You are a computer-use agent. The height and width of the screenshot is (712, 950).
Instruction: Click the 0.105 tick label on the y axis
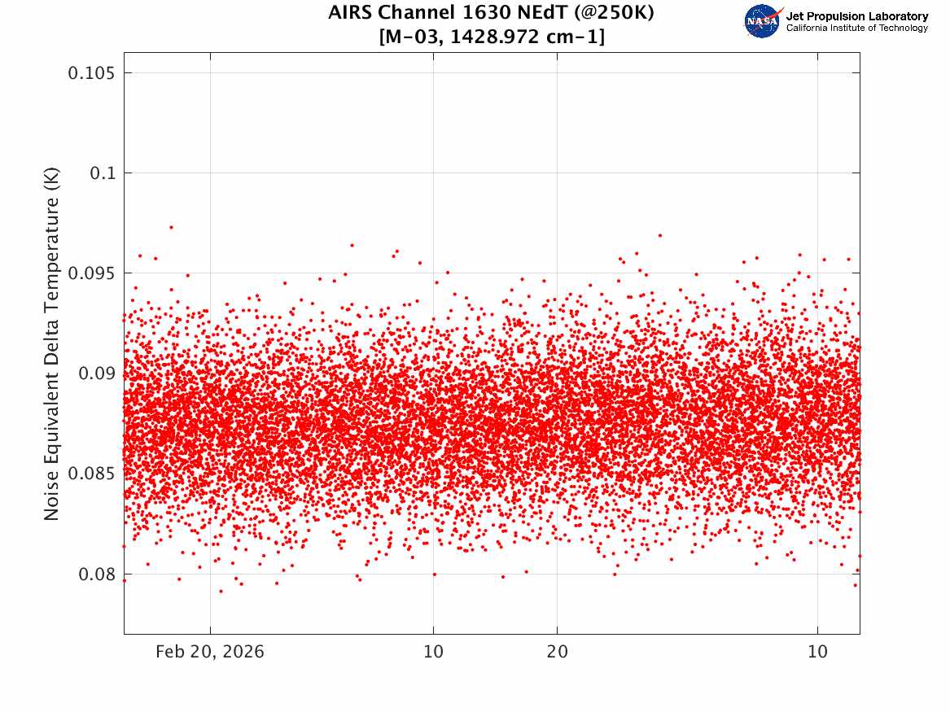tap(91, 73)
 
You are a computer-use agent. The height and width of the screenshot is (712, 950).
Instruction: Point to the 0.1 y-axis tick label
tap(103, 173)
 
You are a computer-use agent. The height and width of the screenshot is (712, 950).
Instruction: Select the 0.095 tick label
tap(91, 273)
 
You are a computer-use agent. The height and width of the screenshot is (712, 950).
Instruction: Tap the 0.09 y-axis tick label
tap(97, 373)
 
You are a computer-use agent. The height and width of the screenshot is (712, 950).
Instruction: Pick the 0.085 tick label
tap(91, 474)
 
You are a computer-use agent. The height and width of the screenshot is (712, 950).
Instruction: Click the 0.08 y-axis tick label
tap(97, 574)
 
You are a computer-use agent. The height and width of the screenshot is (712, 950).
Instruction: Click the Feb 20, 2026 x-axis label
tap(210, 652)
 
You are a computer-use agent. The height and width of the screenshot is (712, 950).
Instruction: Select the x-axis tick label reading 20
tap(558, 652)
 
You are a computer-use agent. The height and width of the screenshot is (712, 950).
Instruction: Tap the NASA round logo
tap(762, 21)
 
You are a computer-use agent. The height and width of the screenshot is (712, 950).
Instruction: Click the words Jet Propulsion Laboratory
tap(856, 16)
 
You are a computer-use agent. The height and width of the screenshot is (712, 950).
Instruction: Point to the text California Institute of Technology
tap(856, 28)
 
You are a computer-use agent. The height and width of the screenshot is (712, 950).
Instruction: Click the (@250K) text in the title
tap(614, 13)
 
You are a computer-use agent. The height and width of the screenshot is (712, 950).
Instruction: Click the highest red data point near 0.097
tap(172, 228)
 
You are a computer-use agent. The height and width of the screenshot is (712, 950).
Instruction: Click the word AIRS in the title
tap(350, 12)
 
